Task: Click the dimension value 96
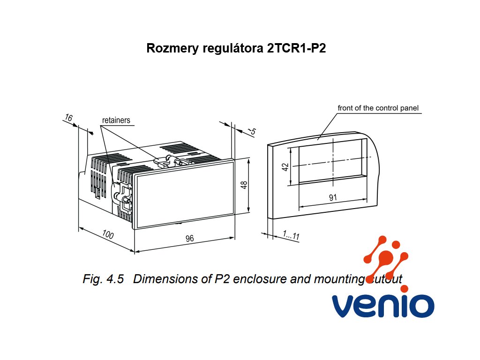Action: pyautogui.click(x=189, y=239)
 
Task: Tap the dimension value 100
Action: pyautogui.click(x=108, y=235)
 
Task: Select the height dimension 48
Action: pyautogui.click(x=243, y=185)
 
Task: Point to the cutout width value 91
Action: pyautogui.click(x=333, y=198)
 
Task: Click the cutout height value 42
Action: pyautogui.click(x=285, y=167)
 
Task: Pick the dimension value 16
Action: pyautogui.click(x=68, y=118)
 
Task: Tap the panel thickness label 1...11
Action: pyautogui.click(x=291, y=235)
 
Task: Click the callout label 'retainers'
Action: pyautogui.click(x=116, y=120)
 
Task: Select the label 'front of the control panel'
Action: pyautogui.click(x=378, y=108)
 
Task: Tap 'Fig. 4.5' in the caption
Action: pyautogui.click(x=103, y=279)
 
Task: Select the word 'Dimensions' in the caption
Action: pyautogui.click(x=168, y=279)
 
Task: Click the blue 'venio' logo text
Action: pyautogui.click(x=382, y=306)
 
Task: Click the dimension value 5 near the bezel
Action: pyautogui.click(x=253, y=132)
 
